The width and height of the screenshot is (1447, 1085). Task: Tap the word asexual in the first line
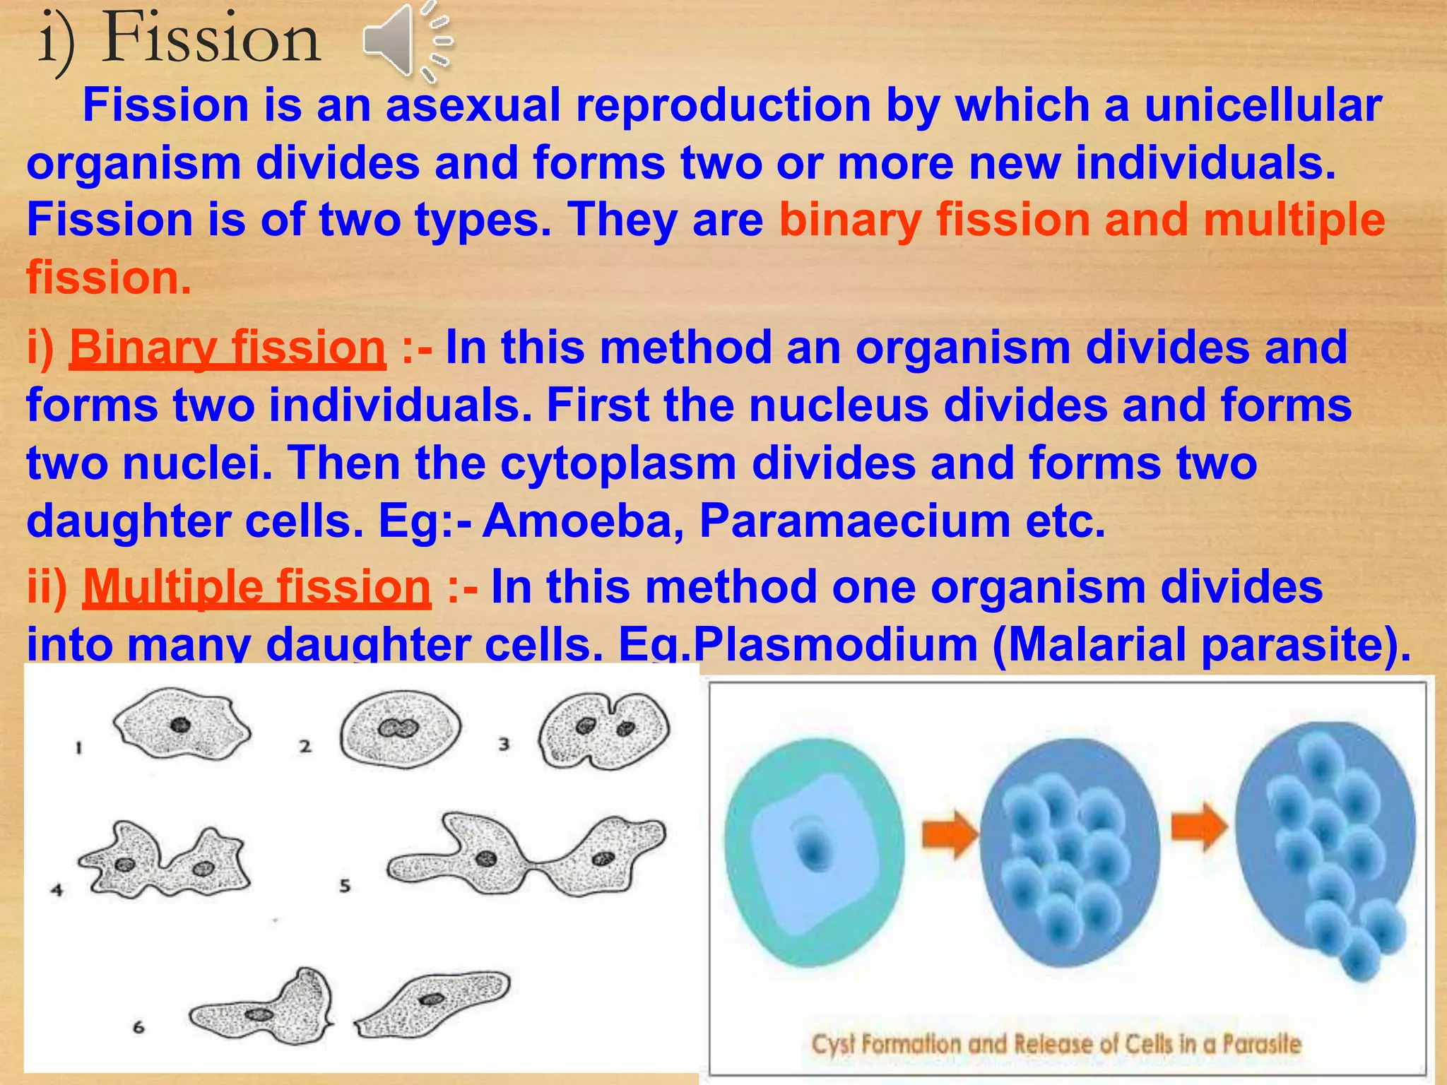pyautogui.click(x=473, y=106)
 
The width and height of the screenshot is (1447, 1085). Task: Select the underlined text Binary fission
pyautogui.click(x=228, y=348)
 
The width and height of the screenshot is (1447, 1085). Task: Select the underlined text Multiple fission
pyautogui.click(x=256, y=587)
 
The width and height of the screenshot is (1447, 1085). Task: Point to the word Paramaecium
pyautogui.click(x=855, y=521)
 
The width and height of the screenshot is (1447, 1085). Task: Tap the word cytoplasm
pyautogui.click(x=618, y=464)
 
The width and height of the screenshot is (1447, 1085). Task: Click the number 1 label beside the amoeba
pyautogui.click(x=79, y=747)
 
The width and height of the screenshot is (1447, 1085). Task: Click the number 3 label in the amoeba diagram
pyautogui.click(x=504, y=744)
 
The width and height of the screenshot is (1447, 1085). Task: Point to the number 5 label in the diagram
pyautogui.click(x=345, y=886)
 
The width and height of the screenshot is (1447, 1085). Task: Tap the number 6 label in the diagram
pyautogui.click(x=138, y=1027)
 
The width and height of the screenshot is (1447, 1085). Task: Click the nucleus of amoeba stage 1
pyautogui.click(x=180, y=725)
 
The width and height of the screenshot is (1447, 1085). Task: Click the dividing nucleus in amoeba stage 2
pyautogui.click(x=398, y=728)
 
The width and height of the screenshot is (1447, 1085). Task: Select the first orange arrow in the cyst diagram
pyautogui.click(x=949, y=834)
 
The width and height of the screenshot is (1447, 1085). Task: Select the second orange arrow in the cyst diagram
pyautogui.click(x=1199, y=826)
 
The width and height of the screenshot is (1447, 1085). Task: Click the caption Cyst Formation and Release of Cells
pyautogui.click(x=1056, y=1044)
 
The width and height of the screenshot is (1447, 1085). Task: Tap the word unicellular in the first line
pyautogui.click(x=1262, y=106)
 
